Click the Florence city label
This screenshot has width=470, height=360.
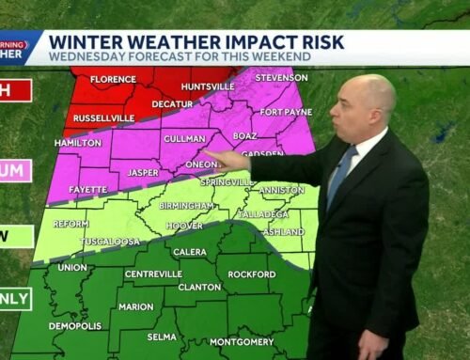114,79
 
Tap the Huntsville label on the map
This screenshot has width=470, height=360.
210,87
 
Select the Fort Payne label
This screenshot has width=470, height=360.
281,111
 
